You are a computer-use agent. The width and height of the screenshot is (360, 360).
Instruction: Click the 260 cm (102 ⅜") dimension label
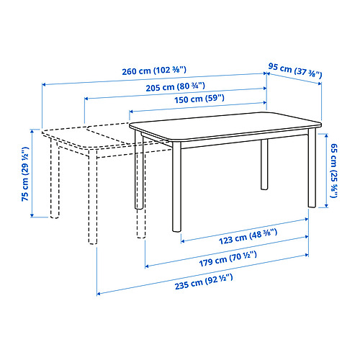click(154, 71)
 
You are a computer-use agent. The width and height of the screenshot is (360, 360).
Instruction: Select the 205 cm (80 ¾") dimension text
click(176, 86)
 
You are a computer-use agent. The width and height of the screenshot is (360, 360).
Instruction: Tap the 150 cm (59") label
click(199, 99)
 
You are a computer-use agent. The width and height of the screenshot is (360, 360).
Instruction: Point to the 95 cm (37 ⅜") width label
click(295, 71)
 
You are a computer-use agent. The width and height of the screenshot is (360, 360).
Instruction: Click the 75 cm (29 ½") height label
click(25, 174)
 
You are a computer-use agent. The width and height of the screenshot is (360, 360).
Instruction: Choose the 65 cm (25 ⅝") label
click(334, 171)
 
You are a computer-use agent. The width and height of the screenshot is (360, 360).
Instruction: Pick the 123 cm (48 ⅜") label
click(248, 236)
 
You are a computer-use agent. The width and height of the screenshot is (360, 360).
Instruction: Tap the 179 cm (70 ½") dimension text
click(228, 259)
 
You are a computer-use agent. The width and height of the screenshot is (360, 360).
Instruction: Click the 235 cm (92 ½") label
click(204, 282)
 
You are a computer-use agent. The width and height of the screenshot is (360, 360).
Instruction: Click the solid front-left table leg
click(176, 186)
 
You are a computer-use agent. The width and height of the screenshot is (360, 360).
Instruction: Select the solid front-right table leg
click(312, 168)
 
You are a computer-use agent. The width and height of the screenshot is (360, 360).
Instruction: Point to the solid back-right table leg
click(264, 164)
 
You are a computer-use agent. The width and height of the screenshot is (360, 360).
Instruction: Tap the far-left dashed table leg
click(55, 178)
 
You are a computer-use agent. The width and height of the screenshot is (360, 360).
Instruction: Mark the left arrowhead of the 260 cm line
click(44, 84)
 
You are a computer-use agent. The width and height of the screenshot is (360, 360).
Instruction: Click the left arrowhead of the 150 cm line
click(131, 112)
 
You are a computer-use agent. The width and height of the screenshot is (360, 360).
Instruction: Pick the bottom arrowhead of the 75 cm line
click(32, 215)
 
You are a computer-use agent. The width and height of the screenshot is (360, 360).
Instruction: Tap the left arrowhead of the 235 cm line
click(99, 294)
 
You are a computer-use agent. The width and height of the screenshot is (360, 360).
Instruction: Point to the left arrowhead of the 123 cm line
click(183, 241)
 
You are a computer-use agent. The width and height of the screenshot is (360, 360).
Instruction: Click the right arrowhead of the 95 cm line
click(320, 84)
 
